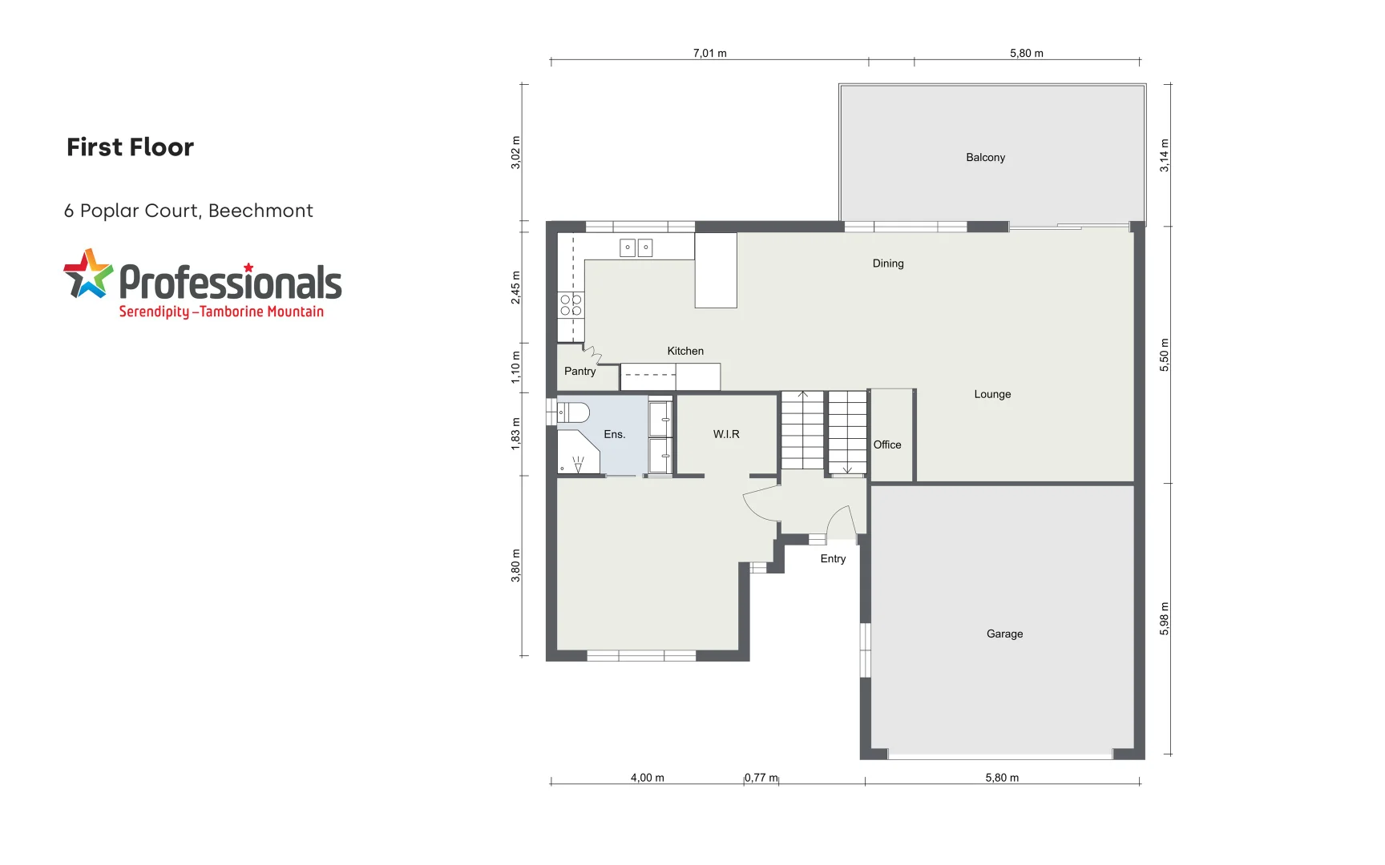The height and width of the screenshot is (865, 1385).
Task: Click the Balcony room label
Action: point(985,158)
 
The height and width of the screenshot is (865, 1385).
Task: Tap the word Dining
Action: point(887,264)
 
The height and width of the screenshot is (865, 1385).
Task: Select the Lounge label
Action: point(992,394)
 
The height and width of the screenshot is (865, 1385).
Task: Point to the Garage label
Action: point(1004,634)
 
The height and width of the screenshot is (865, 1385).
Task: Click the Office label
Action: point(887,445)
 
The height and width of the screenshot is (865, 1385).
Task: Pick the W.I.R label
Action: point(726,434)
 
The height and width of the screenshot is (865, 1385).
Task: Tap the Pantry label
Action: point(579,371)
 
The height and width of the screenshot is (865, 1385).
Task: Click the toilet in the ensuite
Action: point(574,412)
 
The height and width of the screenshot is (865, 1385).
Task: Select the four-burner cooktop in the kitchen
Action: point(571,305)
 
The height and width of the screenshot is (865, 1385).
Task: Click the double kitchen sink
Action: point(636,247)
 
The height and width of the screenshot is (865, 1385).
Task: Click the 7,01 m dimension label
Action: point(709,54)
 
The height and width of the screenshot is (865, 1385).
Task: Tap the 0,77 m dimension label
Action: point(761,778)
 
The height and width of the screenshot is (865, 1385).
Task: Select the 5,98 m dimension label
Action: point(1165,618)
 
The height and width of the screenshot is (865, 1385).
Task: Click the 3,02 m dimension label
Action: point(516,152)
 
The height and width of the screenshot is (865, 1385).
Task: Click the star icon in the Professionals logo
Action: point(88,274)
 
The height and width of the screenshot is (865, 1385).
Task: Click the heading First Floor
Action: point(130,147)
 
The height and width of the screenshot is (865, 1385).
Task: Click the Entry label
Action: point(833,559)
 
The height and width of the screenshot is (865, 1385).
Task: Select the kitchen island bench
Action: point(715,270)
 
